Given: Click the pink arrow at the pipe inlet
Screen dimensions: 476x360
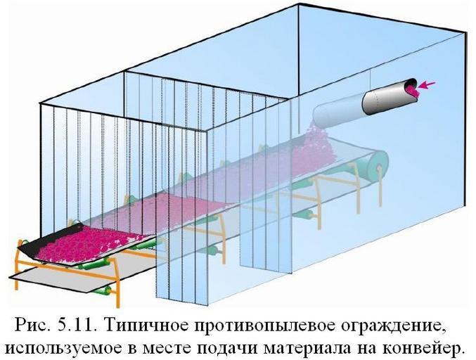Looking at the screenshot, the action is pyautogui.click(x=427, y=85).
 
